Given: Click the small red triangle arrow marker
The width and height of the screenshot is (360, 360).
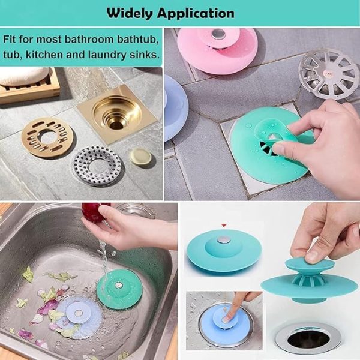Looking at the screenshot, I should coord(223,226).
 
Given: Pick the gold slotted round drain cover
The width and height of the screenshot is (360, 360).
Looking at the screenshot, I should coord(48,137).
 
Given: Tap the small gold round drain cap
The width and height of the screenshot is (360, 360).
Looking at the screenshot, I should coord(140,157).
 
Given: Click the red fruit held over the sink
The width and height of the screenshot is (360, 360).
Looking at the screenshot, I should coord(92,212).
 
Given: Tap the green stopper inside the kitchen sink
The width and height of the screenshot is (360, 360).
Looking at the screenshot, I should coord(120,289).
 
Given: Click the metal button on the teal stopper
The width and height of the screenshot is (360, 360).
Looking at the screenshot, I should coord(223,240).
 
